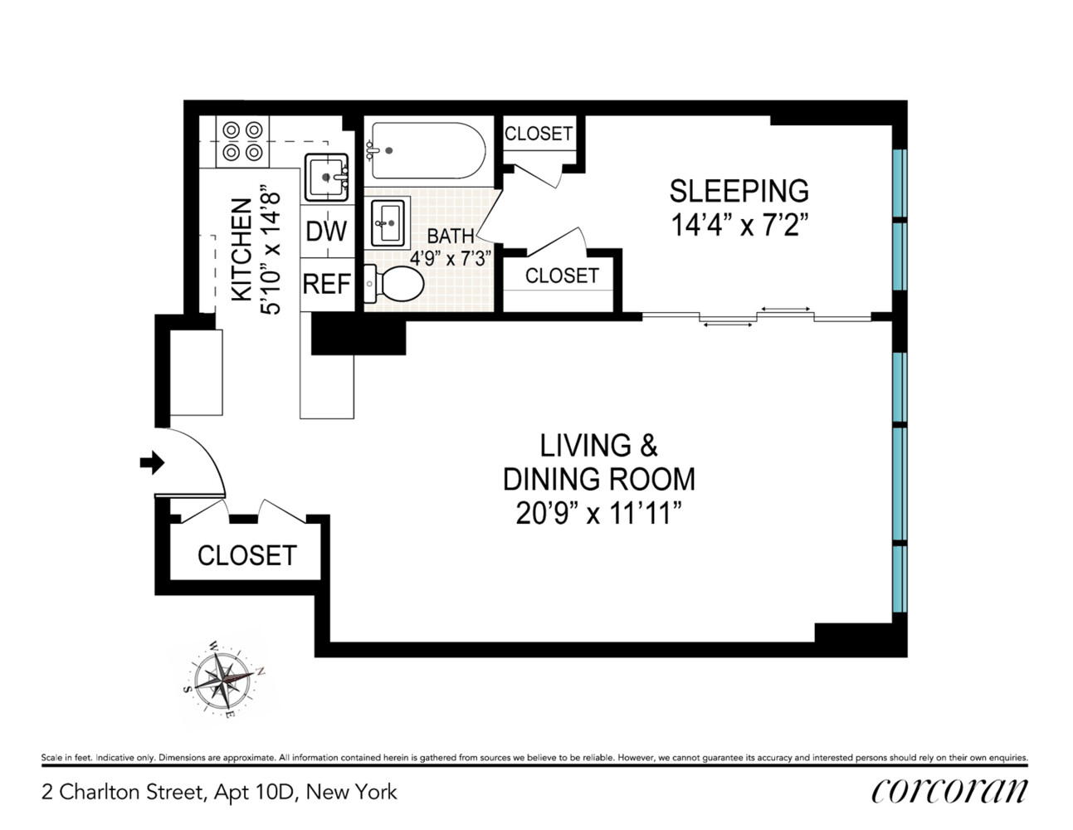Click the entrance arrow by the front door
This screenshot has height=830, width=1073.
(152, 462)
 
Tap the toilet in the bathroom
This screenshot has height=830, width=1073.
(393, 283)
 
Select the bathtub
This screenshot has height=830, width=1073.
(428, 150)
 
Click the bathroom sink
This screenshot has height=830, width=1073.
(388, 223)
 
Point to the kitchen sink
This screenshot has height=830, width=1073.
(326, 177)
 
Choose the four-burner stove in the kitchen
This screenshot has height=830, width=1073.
(242, 141)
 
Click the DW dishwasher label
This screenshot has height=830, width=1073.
(326, 231)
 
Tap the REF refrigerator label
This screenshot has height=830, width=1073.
(327, 285)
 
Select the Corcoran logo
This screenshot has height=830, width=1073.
(949, 792)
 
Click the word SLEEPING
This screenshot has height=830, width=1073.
(739, 191)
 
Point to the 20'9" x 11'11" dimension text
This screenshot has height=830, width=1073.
(599, 513)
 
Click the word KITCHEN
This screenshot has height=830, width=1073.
(242, 250)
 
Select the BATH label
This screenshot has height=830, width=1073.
(451, 236)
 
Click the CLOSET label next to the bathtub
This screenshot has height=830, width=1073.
(539, 134)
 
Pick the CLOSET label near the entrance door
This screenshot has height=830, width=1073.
(247, 555)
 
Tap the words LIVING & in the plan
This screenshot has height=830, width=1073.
(598, 445)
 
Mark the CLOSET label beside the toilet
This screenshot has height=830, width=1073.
(562, 276)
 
